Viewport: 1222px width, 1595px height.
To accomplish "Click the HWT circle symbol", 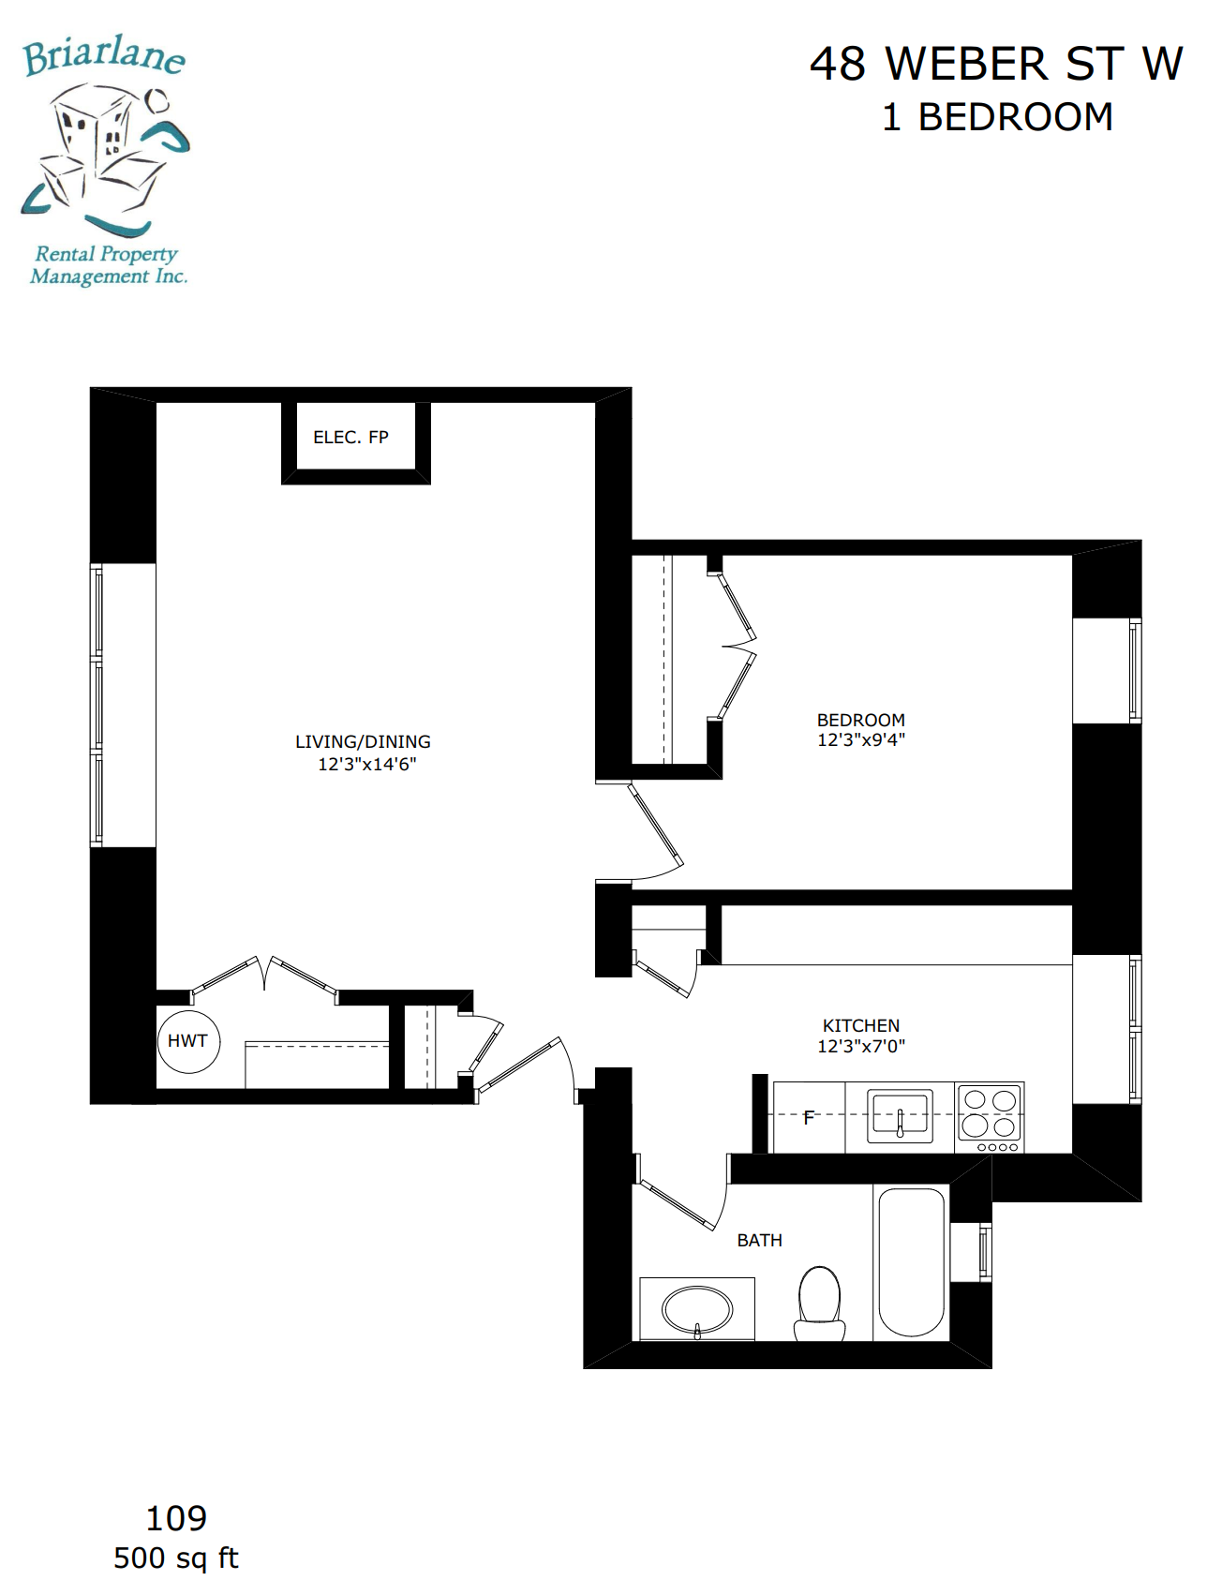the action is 188,1041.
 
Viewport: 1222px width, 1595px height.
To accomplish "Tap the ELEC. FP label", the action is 350,438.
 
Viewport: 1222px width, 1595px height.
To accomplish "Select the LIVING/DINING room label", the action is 363,741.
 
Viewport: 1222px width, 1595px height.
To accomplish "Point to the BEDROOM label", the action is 861,720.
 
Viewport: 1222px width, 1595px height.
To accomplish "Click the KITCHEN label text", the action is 861,1025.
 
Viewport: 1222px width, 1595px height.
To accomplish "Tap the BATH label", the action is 759,1240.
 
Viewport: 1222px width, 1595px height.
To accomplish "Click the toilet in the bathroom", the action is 819,1304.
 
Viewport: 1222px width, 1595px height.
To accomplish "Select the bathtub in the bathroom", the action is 912,1262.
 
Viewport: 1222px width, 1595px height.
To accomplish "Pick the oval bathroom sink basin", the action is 697,1309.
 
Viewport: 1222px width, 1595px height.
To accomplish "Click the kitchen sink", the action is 900,1115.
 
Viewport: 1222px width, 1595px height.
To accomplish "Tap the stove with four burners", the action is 991,1117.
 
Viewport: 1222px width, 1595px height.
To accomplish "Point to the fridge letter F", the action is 809,1117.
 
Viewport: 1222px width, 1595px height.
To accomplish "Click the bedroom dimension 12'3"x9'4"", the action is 861,739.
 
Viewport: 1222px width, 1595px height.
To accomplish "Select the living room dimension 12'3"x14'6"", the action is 366,764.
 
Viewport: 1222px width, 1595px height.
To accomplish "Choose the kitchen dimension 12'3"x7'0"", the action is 861,1046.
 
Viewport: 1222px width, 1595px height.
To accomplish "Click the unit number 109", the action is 176,1517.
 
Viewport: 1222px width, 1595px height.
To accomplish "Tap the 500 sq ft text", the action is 176,1558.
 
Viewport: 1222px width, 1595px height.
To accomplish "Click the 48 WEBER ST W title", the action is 996,64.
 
